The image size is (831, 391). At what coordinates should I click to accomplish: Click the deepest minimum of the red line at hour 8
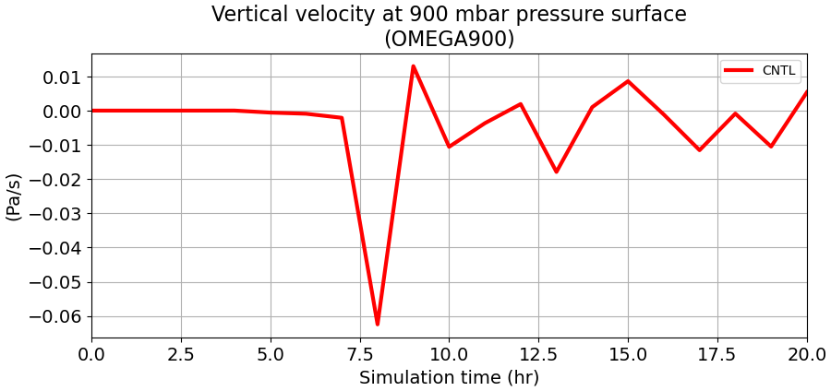[378, 324]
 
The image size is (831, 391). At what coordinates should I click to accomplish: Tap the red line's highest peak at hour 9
[413, 66]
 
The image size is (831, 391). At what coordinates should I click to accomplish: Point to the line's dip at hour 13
[556, 172]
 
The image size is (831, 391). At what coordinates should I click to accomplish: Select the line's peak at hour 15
[628, 81]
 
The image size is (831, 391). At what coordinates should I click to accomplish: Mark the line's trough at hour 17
[699, 149]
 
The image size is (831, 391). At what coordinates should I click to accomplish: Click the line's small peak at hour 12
[521, 104]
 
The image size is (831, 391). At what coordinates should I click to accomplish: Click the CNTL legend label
[778, 71]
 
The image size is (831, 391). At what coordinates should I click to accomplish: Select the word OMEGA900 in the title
[449, 39]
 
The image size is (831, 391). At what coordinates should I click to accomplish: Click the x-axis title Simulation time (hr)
[449, 377]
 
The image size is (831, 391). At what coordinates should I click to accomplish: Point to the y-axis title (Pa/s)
[14, 195]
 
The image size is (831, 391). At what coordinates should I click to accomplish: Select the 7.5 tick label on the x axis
[360, 353]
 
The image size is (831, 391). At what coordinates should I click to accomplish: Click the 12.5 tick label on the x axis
[538, 353]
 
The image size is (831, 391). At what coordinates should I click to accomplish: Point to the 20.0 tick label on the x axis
[805, 353]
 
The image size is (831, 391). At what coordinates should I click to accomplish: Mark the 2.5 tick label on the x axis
[181, 353]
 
